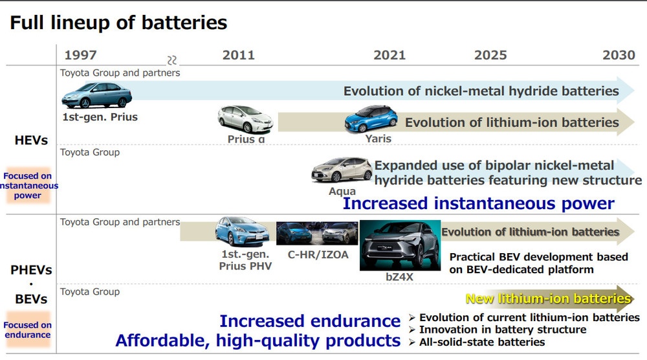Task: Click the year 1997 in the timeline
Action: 80,55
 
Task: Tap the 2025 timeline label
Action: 490,55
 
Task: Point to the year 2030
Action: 619,55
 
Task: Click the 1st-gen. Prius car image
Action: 96,96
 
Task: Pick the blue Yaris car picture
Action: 371,118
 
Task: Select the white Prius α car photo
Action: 245,120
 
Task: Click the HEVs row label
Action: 31,140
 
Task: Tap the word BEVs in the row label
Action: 31,300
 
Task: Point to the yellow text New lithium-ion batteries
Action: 548,298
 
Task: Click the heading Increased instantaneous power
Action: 478,203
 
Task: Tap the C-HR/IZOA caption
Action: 318,254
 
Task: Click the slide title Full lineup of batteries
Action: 118,23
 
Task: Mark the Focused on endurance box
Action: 28,330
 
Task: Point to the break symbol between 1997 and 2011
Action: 172,60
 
